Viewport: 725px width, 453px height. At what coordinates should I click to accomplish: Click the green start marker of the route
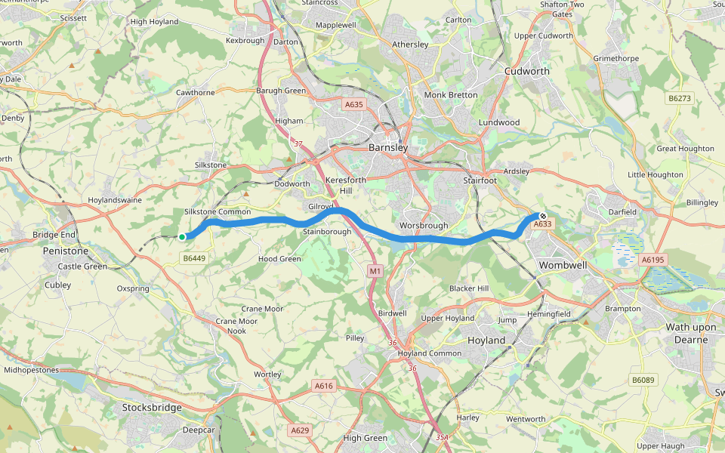pyautogui.click(x=182, y=237)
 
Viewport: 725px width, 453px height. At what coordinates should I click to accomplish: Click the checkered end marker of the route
pyautogui.click(x=542, y=216)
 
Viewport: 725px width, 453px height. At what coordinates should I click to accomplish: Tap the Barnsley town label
pyautogui.click(x=388, y=148)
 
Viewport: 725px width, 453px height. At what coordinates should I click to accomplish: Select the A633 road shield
pyautogui.click(x=542, y=224)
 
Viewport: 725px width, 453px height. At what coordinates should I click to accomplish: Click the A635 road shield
pyautogui.click(x=353, y=105)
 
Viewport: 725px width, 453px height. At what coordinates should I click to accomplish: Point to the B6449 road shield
pyautogui.click(x=194, y=258)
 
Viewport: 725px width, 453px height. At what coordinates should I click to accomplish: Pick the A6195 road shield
pyautogui.click(x=652, y=259)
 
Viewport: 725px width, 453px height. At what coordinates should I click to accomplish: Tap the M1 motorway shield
pyautogui.click(x=375, y=270)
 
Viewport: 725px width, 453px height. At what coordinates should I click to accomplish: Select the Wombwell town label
pyautogui.click(x=564, y=265)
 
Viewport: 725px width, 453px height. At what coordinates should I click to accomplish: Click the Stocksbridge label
pyautogui.click(x=152, y=408)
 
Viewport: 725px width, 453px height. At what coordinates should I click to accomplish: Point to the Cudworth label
pyautogui.click(x=526, y=71)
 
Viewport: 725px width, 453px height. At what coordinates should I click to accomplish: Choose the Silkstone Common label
pyautogui.click(x=217, y=212)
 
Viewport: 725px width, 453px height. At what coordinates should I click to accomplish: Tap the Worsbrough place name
pyautogui.click(x=424, y=225)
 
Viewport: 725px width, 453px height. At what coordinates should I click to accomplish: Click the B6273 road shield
pyautogui.click(x=680, y=98)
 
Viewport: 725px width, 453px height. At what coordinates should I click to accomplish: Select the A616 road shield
pyautogui.click(x=323, y=386)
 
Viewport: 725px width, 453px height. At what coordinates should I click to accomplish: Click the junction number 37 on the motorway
pyautogui.click(x=298, y=143)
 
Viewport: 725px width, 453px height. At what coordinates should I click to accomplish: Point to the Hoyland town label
pyautogui.click(x=486, y=341)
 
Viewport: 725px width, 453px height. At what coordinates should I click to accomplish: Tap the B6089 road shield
pyautogui.click(x=643, y=380)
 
